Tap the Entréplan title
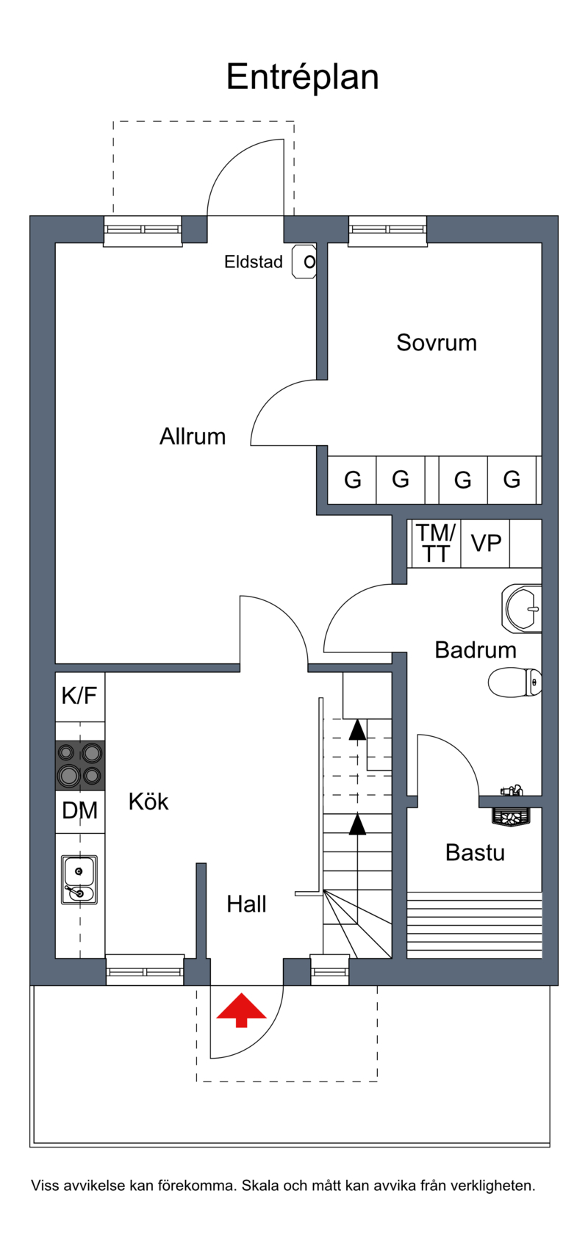pyautogui.click(x=302, y=77)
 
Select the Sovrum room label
pyautogui.click(x=437, y=342)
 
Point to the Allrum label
pyautogui.click(x=193, y=436)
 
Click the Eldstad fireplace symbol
pyautogui.click(x=305, y=262)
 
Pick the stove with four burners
pyautogui.click(x=80, y=765)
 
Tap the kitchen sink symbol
pyautogui.click(x=79, y=879)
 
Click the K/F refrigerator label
pyautogui.click(x=79, y=695)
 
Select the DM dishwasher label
pyautogui.click(x=79, y=810)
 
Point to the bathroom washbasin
pyautogui.click(x=523, y=608)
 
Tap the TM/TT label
pyautogui.click(x=436, y=543)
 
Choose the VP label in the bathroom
pyautogui.click(x=486, y=543)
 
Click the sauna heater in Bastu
pyautogui.click(x=511, y=816)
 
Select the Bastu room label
pyautogui.click(x=475, y=852)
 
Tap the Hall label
pyautogui.click(x=246, y=904)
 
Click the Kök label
pyautogui.click(x=148, y=801)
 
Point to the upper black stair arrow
pyautogui.click(x=357, y=729)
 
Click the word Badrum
pyautogui.click(x=476, y=649)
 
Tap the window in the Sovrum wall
pyautogui.click(x=387, y=230)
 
